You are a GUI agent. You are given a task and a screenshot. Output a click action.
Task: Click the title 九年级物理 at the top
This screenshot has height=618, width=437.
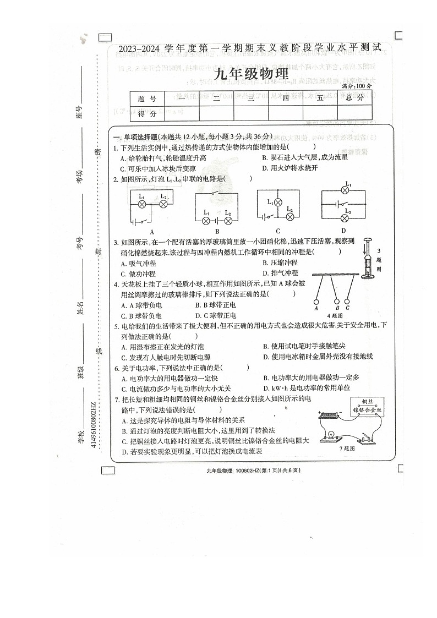click(x=250, y=74)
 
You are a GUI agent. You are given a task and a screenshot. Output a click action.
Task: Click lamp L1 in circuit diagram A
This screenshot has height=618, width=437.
click(x=142, y=204)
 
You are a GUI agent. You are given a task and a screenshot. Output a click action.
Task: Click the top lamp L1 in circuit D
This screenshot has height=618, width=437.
click(x=346, y=190)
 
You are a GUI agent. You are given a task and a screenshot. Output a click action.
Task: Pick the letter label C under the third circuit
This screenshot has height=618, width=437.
click(x=278, y=231)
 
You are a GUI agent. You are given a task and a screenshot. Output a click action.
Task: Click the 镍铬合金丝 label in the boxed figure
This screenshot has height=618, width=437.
click(x=368, y=410)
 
